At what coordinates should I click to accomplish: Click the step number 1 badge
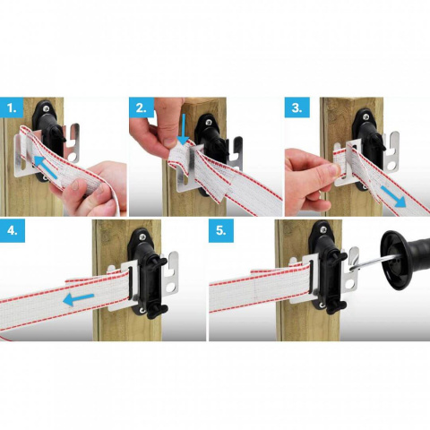(x=13, y=108)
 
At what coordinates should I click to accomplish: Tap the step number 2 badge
(x=142, y=108)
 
